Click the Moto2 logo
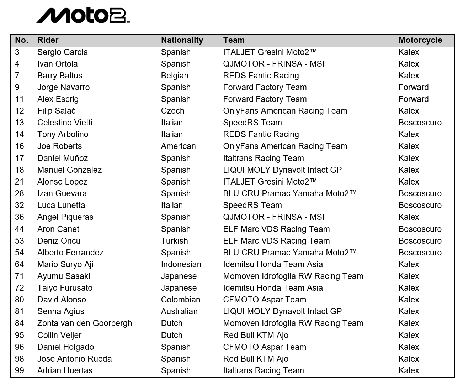pos(83,15)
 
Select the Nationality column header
pos(182,40)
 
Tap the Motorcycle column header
pos(420,40)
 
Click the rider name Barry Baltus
pos(60,76)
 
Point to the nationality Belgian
pos(175,76)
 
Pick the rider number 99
pos(20,370)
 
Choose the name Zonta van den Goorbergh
pos(85,323)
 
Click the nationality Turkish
pos(174,241)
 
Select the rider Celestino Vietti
pos(65,123)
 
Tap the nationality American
pos(178,146)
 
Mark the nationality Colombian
pos(181,300)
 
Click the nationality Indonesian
pos(181,264)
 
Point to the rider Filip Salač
pos(57,111)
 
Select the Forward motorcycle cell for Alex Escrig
pos(414,99)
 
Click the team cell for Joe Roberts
pos(285,146)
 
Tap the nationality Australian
pos(179,311)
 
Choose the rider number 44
pos(20,229)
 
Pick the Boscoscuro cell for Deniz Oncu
pos(420,241)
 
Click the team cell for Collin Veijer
pos(256,335)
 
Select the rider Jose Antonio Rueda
pos(74,359)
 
